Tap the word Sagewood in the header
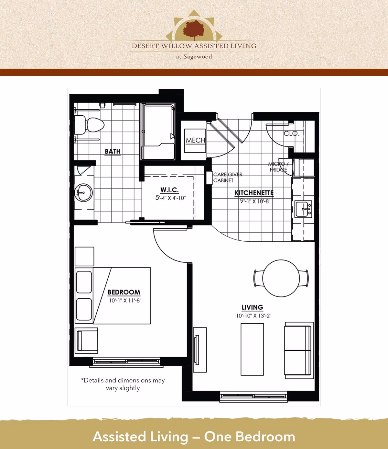tap(198, 57)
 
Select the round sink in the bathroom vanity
tap(83, 193)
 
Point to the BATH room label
tap(113, 151)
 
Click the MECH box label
tap(195, 140)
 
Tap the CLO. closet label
tap(292, 133)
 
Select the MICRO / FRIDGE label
tap(278, 167)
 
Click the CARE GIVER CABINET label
tap(228, 177)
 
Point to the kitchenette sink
tap(303, 209)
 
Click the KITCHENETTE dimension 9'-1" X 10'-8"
tap(255, 201)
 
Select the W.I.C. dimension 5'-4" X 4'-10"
tap(170, 198)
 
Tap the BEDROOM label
tap(124, 292)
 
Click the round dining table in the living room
tap(281, 278)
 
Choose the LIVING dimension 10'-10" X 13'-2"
tap(253, 316)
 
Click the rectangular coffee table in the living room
tap(252, 349)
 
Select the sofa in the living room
tap(298, 350)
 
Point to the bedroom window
tap(126, 362)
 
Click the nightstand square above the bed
tap(84, 257)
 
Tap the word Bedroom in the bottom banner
tap(265, 437)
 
